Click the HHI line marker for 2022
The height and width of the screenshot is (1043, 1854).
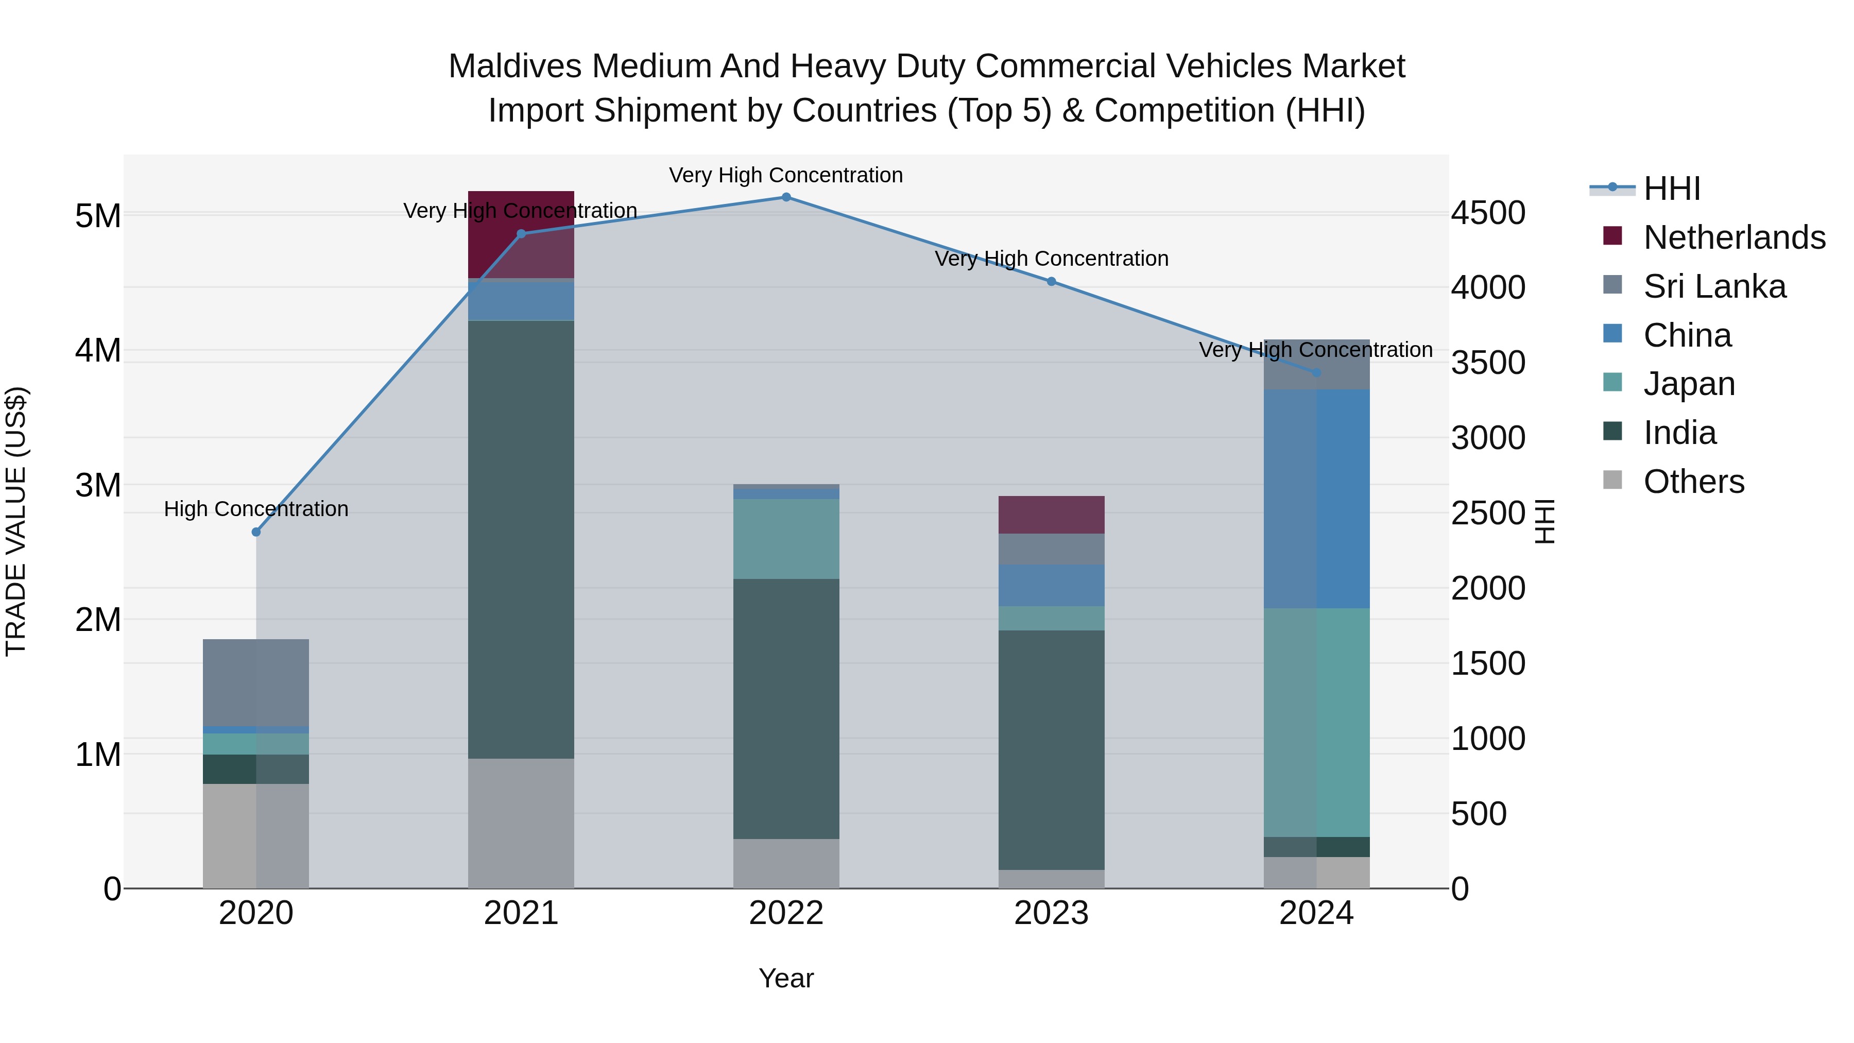pos(786,197)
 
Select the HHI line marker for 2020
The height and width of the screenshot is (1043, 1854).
pos(256,532)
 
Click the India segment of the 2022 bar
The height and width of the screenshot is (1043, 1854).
pos(786,709)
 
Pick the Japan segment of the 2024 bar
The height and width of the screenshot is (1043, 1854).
pos(1316,722)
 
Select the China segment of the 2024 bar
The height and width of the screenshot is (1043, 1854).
pos(1316,498)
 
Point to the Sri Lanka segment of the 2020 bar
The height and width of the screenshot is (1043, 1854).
pos(256,682)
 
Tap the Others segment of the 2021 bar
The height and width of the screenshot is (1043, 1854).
pos(521,824)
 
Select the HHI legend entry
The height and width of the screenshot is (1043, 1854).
pos(1671,189)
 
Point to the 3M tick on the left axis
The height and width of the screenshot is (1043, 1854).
pos(98,486)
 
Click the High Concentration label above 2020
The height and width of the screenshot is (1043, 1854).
pos(256,509)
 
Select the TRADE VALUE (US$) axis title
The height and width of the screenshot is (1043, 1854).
pos(16,521)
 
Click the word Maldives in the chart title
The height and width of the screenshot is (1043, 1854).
pos(514,66)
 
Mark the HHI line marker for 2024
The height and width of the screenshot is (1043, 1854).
pos(1316,373)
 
